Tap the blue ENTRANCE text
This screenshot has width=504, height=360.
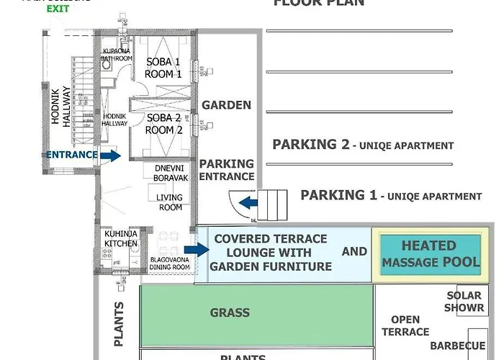click(71, 154)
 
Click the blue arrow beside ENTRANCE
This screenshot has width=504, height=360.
click(110, 154)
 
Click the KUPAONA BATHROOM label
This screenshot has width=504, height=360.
click(115, 55)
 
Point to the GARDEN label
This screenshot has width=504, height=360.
click(226, 105)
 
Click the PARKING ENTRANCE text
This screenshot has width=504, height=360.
click(227, 170)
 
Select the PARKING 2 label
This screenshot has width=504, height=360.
click(363, 145)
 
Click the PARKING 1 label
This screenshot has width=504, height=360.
click(390, 195)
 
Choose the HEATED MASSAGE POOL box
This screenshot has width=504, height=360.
click(431, 254)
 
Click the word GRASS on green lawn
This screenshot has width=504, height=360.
click(230, 312)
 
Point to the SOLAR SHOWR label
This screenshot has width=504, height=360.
click(464, 302)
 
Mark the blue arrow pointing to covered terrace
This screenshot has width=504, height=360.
click(200, 250)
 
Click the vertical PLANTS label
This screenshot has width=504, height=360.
click(119, 323)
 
